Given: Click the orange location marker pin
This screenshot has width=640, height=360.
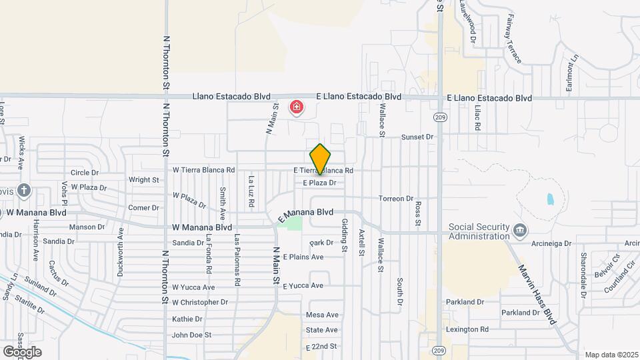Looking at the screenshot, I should point(320,159).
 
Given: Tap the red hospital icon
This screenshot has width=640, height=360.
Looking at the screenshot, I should point(295,107).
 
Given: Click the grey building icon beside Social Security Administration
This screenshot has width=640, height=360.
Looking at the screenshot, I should point(520,231).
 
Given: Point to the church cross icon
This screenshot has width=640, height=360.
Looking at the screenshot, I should point(24,191).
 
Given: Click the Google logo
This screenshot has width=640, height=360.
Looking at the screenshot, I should point(23,351).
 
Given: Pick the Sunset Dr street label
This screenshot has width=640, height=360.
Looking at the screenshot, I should point(417,137).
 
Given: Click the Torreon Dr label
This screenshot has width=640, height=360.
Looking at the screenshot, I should point(396,199).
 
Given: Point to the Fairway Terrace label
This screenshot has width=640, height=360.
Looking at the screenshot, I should point(513,39).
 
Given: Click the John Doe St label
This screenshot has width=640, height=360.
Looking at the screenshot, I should point(191,335).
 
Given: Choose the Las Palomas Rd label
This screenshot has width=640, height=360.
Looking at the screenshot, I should point(237,260).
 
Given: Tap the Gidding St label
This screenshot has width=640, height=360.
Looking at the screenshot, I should point(345,235).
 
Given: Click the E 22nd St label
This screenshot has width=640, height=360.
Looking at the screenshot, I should point(322,347).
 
